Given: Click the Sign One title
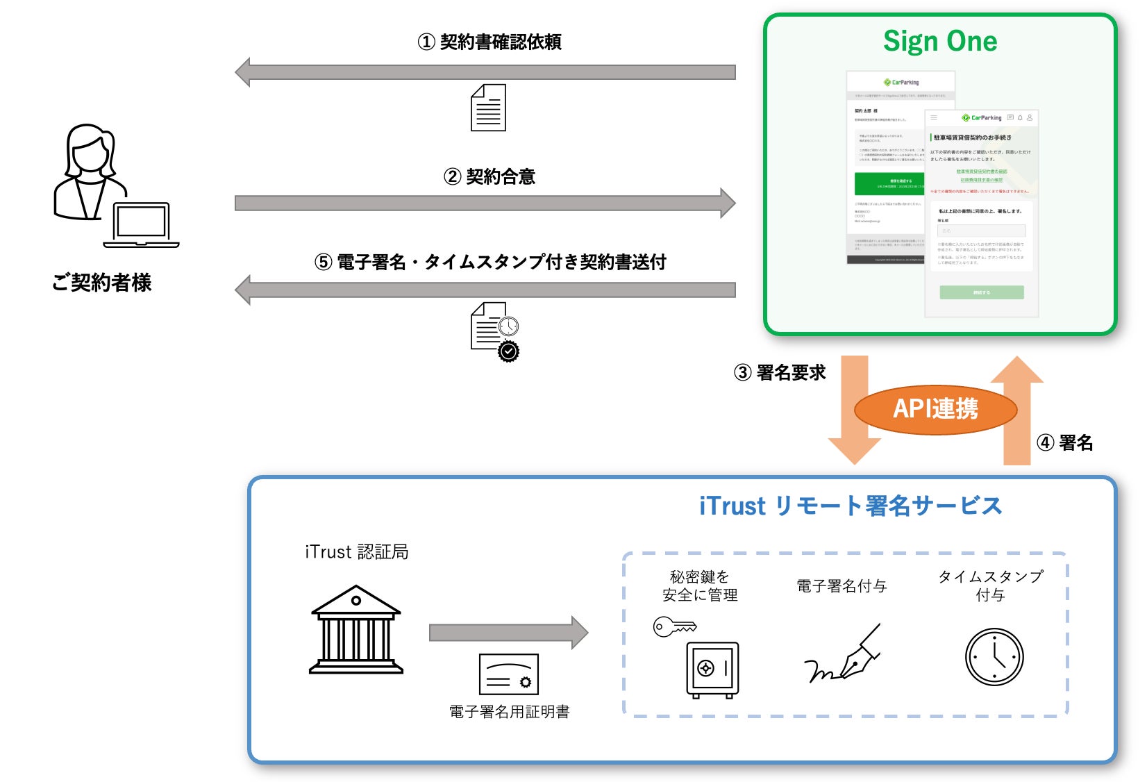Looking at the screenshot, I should pos(939,41).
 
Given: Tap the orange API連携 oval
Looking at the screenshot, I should pos(935,409).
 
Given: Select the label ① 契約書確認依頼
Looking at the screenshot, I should pos(489,42).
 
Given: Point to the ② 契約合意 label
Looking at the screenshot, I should pos(489,177).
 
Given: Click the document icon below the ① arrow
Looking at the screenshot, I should pos(488,108).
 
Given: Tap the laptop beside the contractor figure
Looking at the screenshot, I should pos(142,225).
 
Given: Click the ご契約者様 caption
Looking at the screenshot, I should pos(101,283).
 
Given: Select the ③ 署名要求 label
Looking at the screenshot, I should pos(780,373).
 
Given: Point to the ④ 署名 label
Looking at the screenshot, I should pos(1064,442).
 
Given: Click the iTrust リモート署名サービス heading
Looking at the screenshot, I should pos(851,506).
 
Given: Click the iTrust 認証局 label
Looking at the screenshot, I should pos(357,552).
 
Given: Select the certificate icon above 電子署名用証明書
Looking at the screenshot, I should pos(509,674).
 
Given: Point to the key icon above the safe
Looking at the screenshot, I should pos(674,626).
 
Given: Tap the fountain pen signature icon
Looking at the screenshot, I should pos(843,655).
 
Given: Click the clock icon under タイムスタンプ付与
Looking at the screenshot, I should pos(994,657).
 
